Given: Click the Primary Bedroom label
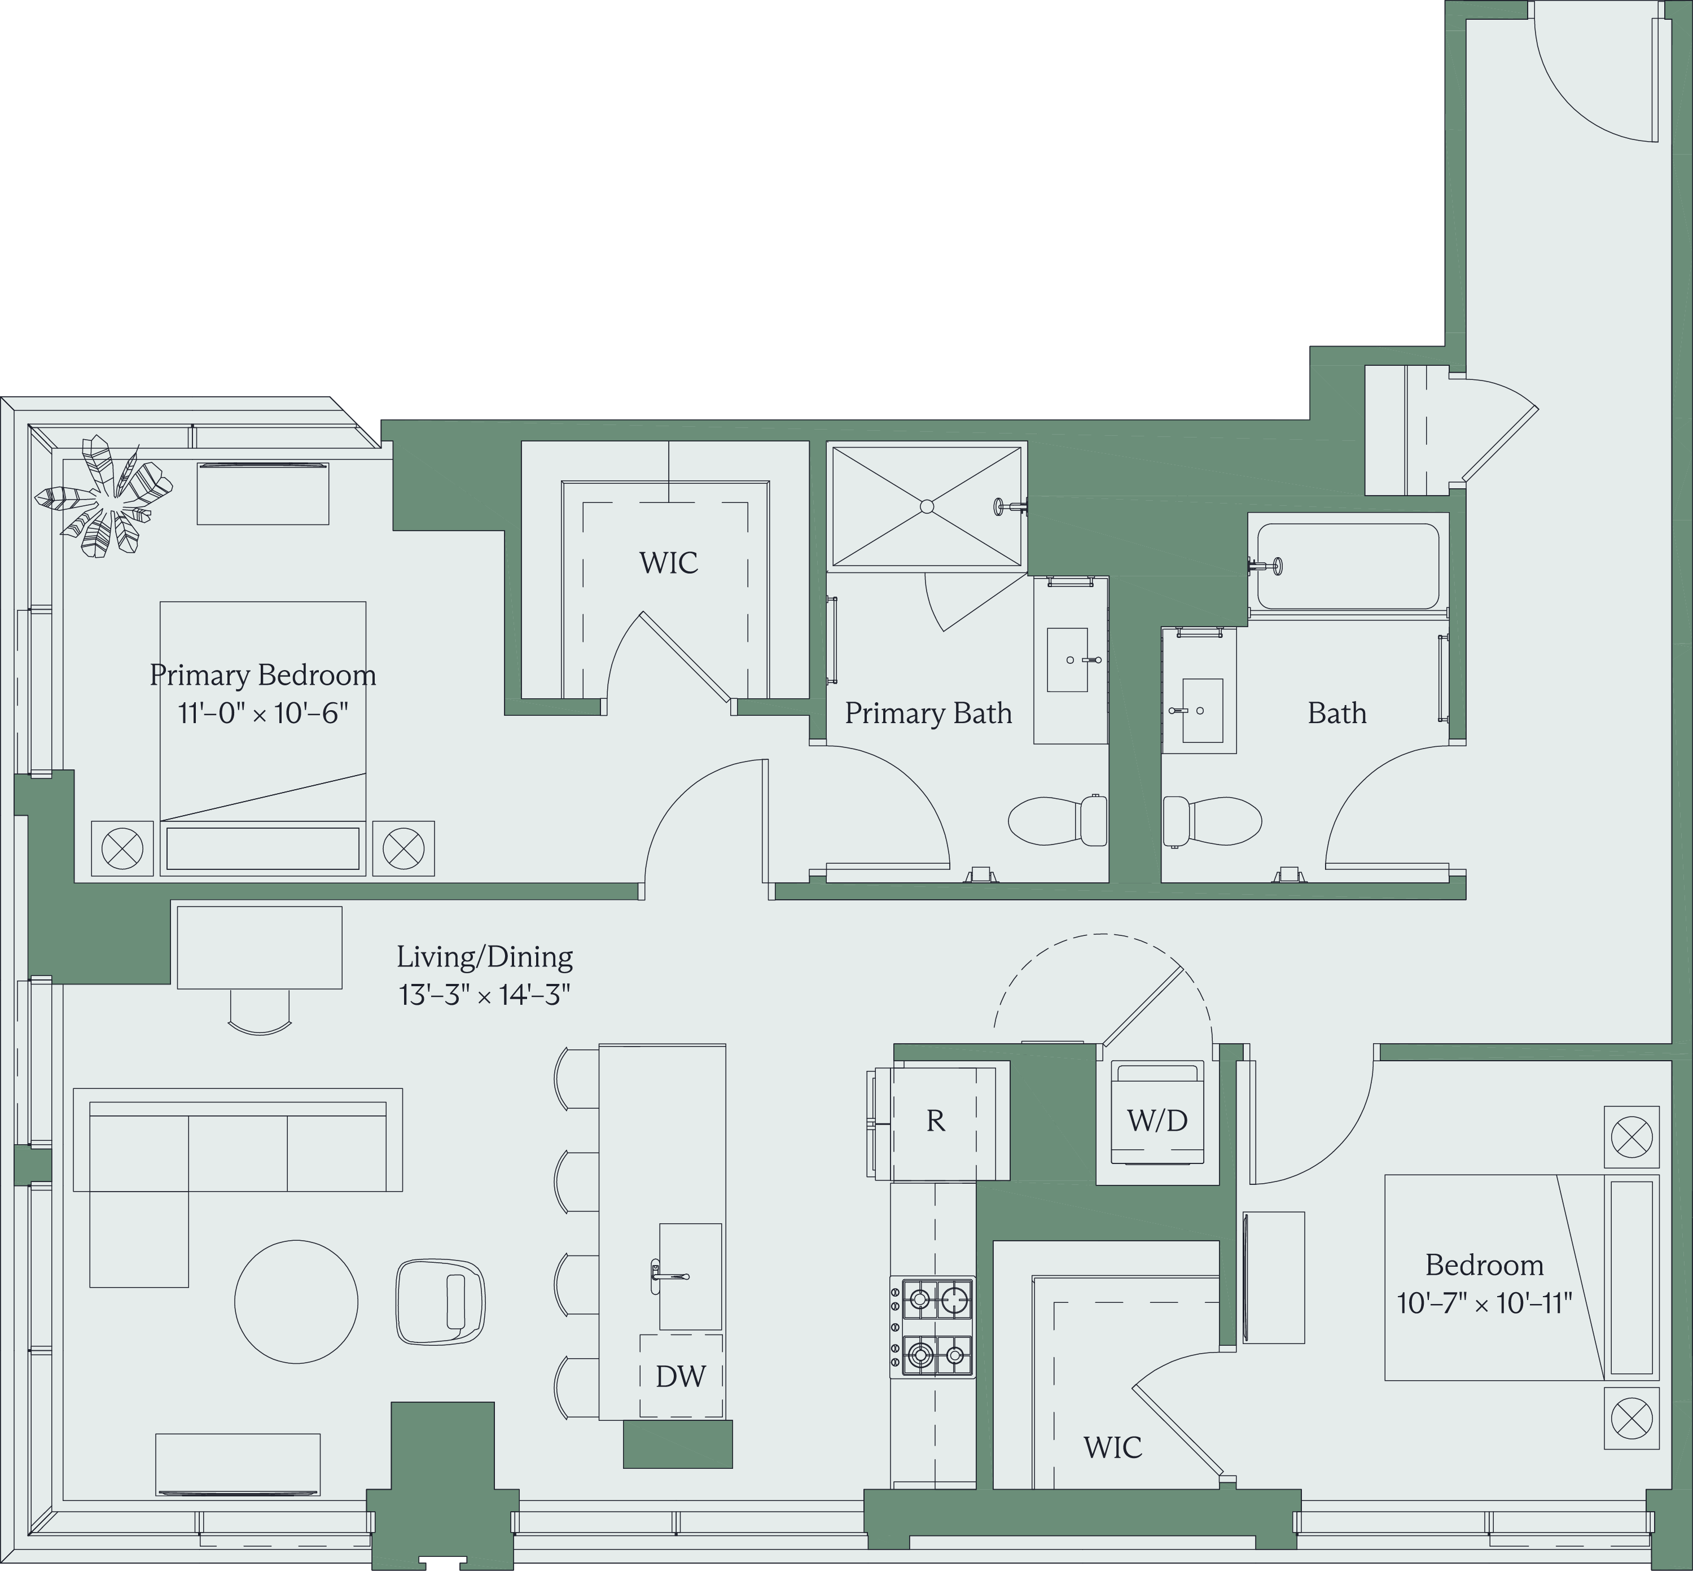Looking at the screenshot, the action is coord(262,675).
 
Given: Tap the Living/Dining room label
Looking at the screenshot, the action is coord(484,957).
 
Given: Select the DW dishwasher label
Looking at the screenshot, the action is coord(681,1376).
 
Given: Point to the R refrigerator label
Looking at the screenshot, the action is coord(935,1121).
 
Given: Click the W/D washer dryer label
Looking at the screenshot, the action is coord(1157,1121).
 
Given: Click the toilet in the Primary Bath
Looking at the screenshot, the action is coord(1057,820).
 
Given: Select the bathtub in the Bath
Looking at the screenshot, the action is coord(1348,565).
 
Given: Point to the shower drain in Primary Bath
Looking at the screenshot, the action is coord(927,507).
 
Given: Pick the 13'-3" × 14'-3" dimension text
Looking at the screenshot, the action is coord(484,995).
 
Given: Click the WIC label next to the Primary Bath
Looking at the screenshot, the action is coord(669,563).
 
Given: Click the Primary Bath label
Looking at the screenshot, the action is coord(928,713).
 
